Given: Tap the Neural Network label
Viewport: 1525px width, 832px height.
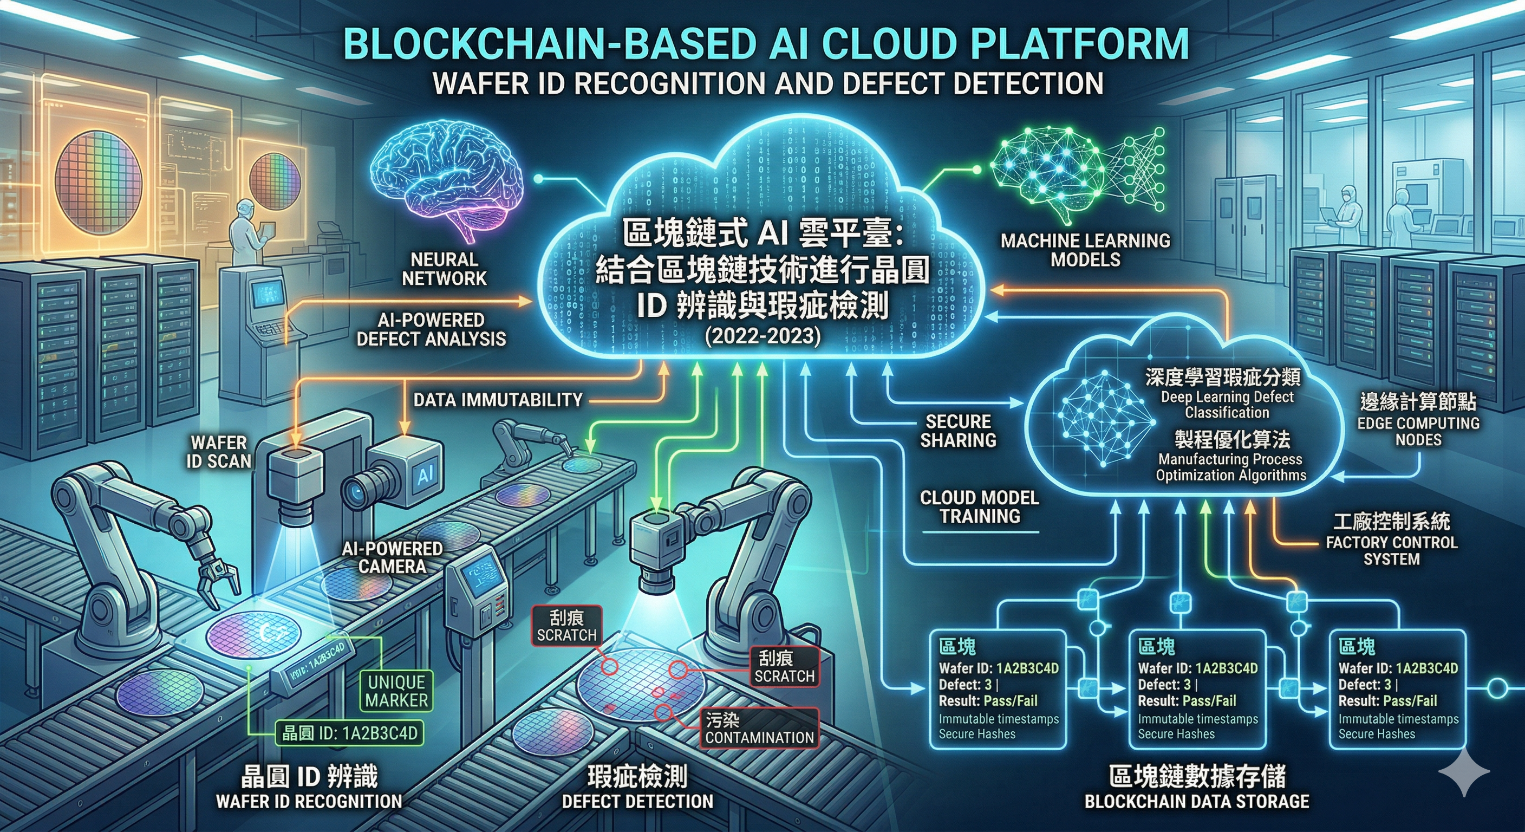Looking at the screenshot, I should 444,269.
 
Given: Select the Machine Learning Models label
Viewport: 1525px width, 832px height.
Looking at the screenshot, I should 1085,250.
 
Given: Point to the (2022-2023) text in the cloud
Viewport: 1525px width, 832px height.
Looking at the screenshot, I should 762,336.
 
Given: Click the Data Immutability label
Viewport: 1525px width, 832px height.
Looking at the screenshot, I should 498,400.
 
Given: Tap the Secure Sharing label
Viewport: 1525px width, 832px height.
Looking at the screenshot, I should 958,431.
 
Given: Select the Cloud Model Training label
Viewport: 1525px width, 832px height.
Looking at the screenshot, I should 980,507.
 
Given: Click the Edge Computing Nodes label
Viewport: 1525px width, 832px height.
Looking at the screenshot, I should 1418,431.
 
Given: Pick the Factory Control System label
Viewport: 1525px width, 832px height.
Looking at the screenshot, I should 1391,551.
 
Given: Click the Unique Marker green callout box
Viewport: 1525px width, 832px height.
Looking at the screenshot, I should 396,691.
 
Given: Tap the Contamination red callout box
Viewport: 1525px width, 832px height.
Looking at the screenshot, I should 760,729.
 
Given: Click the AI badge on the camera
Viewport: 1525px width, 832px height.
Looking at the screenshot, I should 426,474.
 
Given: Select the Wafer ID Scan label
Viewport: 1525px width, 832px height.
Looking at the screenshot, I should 218,452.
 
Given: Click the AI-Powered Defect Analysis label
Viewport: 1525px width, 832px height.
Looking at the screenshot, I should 431,330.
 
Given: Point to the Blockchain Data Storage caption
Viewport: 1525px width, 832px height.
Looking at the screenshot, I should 1196,802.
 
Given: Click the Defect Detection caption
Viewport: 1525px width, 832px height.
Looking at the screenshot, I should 637,802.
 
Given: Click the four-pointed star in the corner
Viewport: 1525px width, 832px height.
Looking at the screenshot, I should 1463,771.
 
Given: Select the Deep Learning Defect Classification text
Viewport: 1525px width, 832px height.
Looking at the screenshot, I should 1227,405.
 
